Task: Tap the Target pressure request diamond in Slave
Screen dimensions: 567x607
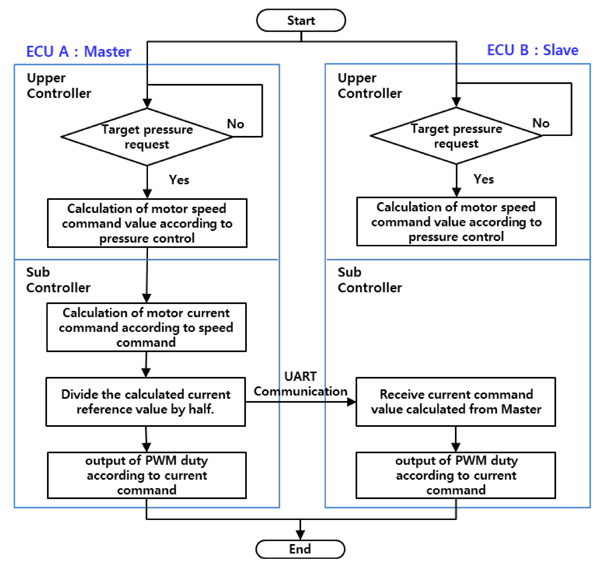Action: point(456,136)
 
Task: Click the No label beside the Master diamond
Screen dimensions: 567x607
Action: point(235,124)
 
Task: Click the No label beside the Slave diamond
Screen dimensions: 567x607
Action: point(541,123)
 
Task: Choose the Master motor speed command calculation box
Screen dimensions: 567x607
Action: point(147,223)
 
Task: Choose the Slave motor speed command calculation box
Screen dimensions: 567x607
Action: point(456,222)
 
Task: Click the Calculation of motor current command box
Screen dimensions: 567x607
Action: point(146,327)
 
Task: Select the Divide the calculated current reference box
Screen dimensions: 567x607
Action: point(146,402)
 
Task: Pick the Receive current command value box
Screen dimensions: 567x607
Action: point(455,402)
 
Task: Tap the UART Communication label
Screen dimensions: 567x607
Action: point(300,384)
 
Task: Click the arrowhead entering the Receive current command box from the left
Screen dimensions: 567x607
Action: point(351,402)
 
